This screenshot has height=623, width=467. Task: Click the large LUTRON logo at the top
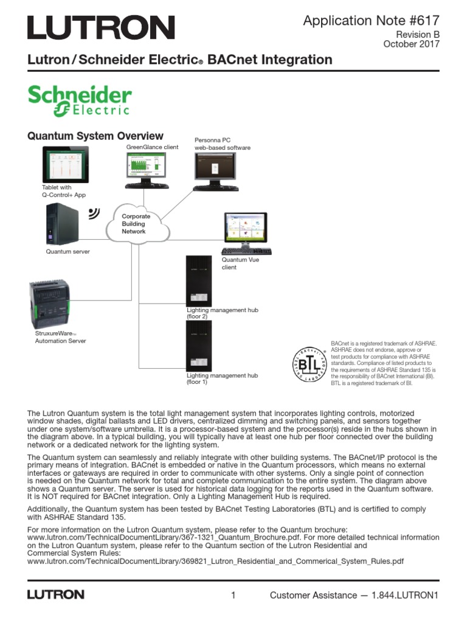tap(101, 28)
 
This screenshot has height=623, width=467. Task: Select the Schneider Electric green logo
tap(80, 100)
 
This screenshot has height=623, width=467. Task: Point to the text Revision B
tap(418, 35)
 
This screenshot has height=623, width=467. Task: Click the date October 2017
tap(411, 44)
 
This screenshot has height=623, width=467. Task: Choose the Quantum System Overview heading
tap(95, 136)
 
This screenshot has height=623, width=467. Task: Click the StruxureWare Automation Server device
tap(57, 303)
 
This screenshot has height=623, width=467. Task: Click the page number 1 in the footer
tap(233, 595)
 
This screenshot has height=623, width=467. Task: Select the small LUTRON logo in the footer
tap(55, 594)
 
